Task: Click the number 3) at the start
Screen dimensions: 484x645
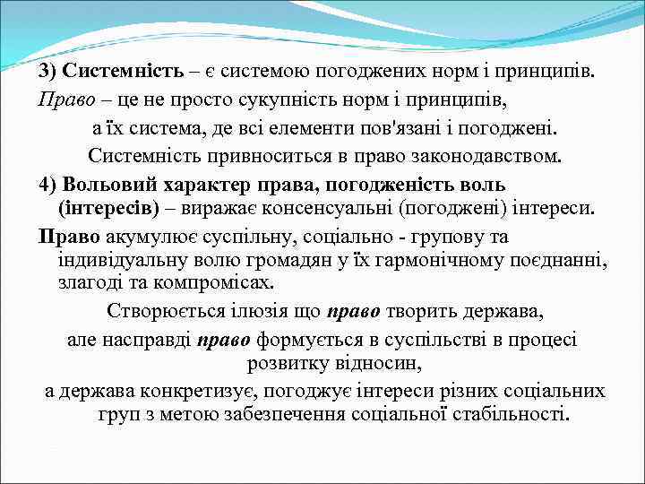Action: (x=48, y=72)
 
